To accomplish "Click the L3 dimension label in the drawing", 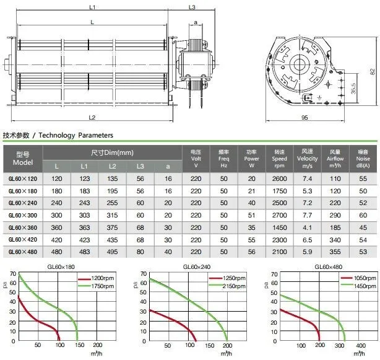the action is click(192, 7).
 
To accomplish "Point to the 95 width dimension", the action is click(304, 117).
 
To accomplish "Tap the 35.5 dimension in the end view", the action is click(353, 89).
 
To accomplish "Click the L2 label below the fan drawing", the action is click(92, 117).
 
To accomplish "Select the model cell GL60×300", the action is click(23, 216).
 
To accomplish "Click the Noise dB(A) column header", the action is click(363, 159).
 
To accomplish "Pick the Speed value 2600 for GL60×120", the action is click(279, 179).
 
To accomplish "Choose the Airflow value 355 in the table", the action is click(335, 252).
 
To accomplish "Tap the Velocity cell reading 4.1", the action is click(308, 227).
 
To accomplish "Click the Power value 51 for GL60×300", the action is click(251, 216).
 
